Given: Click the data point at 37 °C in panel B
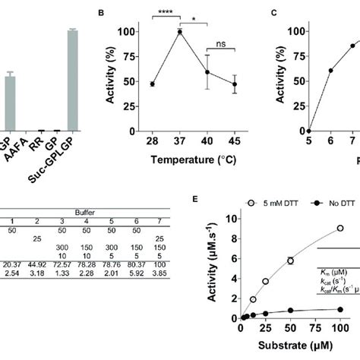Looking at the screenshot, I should pyautogui.click(x=180, y=31).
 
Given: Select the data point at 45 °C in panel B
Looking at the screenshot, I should pyautogui.click(x=234, y=84).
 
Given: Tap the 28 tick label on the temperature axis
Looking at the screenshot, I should pyautogui.click(x=152, y=143).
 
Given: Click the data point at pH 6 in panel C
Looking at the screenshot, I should pyautogui.click(x=330, y=70).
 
